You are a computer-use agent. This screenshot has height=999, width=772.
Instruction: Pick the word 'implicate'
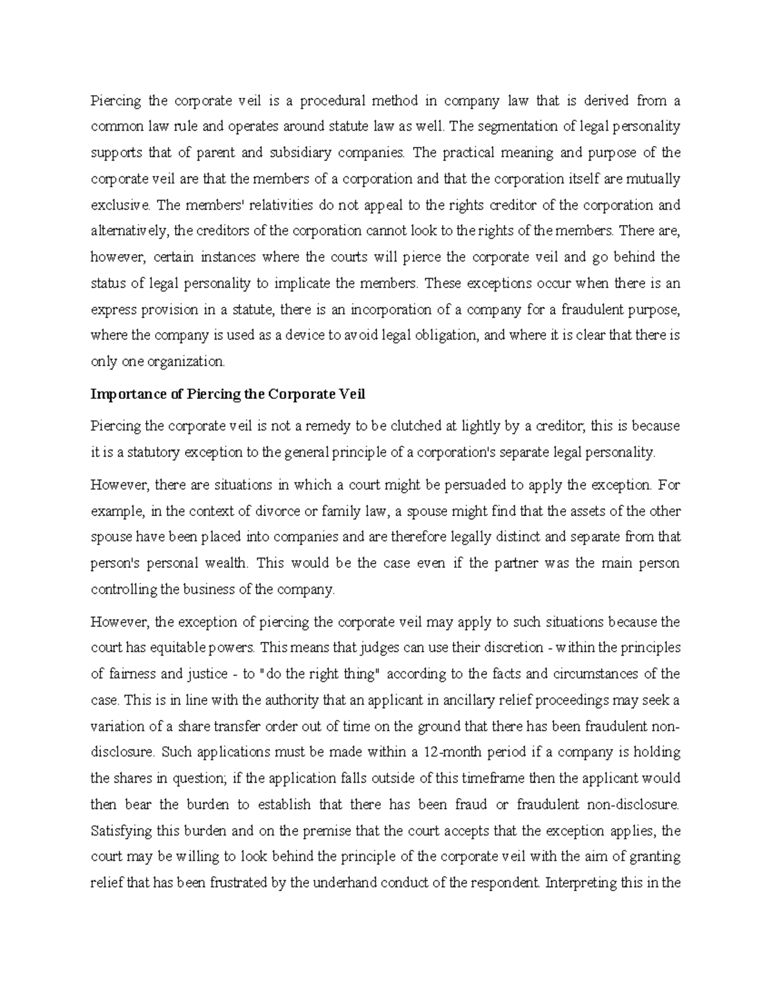(x=306, y=283)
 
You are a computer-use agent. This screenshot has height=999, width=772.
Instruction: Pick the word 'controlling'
(x=122, y=589)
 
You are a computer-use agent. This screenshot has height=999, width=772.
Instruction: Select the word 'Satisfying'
(x=119, y=830)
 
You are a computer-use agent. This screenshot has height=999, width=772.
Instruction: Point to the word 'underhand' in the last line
(x=345, y=883)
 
